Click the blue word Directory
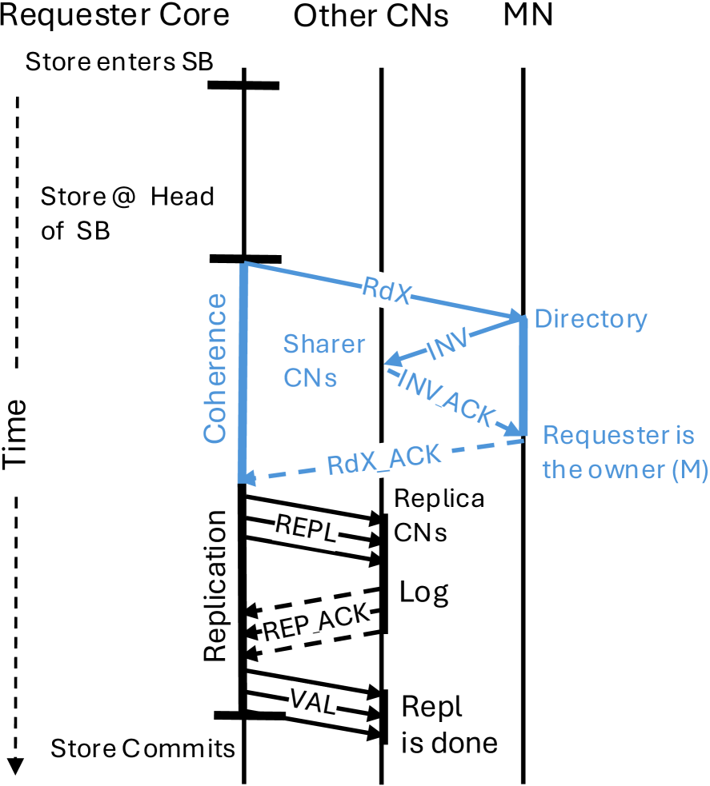[590, 319]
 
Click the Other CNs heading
[371, 16]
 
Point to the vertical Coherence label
[215, 368]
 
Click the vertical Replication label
[215, 585]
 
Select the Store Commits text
[142, 748]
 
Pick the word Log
[424, 592]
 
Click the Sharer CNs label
[324, 360]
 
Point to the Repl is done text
[448, 725]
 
